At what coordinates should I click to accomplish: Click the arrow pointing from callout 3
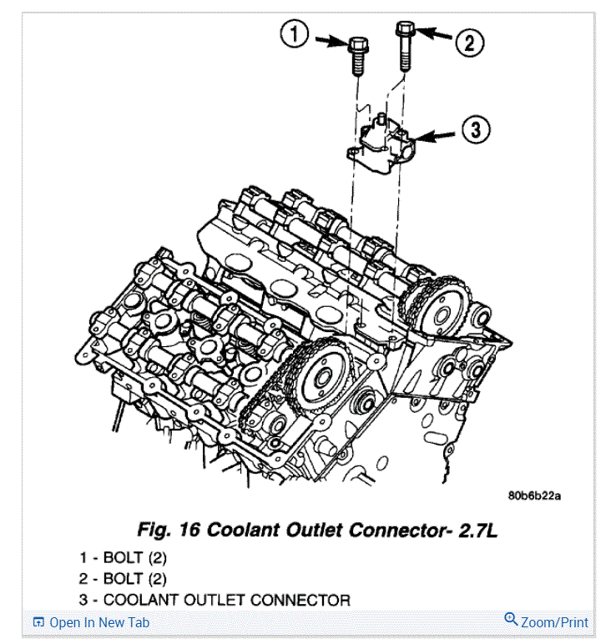tap(435, 133)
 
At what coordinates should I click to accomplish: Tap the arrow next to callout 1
tap(331, 38)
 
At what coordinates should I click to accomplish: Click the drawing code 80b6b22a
tap(533, 496)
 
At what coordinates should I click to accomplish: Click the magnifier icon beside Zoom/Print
tap(511, 620)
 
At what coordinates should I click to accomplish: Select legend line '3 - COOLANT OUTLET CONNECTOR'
tap(215, 600)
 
